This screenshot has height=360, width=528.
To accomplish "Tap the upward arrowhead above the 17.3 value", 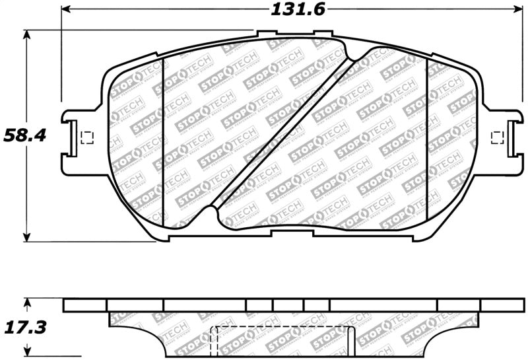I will click(27, 303).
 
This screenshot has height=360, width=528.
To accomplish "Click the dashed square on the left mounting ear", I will click(85, 138).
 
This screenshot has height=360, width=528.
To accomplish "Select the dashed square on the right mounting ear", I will click(499, 137).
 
